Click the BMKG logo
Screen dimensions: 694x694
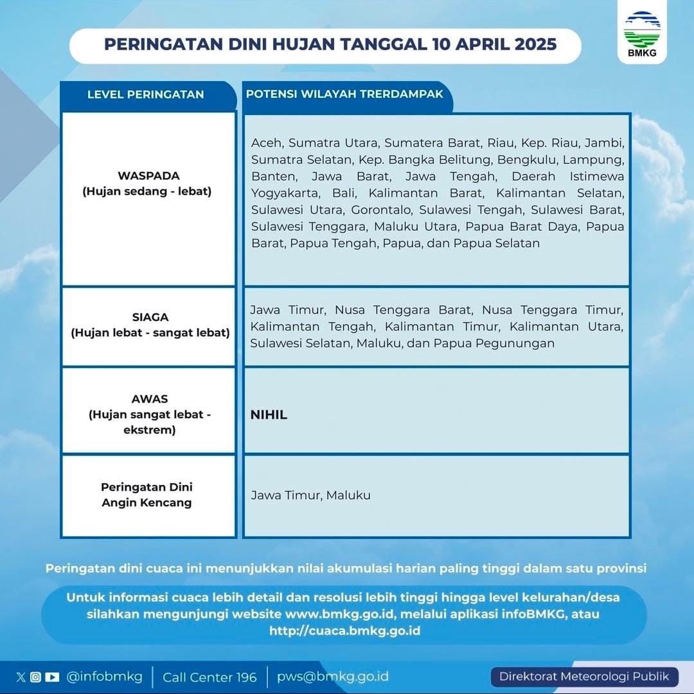click(x=642, y=33)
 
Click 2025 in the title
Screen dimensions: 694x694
click(x=532, y=44)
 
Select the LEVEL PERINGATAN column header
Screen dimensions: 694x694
click(x=145, y=95)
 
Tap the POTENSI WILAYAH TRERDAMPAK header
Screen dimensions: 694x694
click(x=344, y=94)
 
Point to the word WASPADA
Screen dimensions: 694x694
click(x=148, y=176)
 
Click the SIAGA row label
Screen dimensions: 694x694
click(x=150, y=317)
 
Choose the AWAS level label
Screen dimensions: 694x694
click(x=150, y=399)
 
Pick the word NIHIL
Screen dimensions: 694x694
click(x=269, y=415)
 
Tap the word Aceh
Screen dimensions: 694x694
click(x=267, y=142)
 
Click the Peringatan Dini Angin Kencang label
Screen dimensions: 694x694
click(x=147, y=495)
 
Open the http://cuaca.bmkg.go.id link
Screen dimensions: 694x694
click(x=344, y=630)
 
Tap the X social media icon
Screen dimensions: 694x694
click(x=21, y=677)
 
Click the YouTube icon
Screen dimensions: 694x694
click(x=52, y=677)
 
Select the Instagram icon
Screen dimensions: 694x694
click(x=36, y=677)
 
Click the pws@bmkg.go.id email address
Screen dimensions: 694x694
click(x=332, y=677)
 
